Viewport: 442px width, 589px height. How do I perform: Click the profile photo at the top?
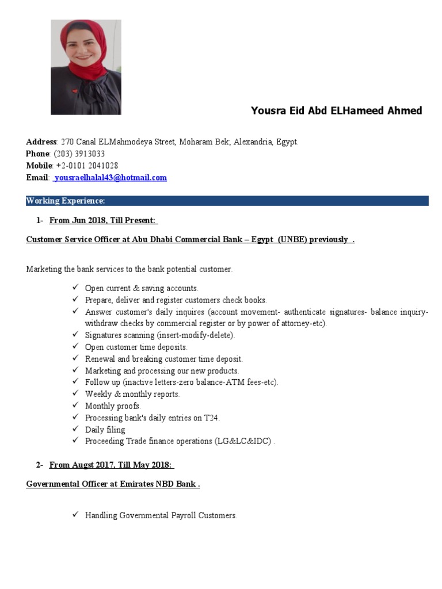[86, 67]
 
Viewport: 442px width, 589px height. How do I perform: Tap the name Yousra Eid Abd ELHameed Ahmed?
[336, 110]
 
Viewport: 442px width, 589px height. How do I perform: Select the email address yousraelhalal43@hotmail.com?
[110, 178]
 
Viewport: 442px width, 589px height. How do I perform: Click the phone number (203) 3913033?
[79, 154]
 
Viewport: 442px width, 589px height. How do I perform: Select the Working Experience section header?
[66, 201]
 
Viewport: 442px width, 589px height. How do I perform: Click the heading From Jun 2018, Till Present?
[104, 220]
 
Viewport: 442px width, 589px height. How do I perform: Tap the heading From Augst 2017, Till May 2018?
[112, 465]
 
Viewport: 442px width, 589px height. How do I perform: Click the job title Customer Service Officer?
[73, 239]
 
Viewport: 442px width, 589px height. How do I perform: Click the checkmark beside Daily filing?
[75, 429]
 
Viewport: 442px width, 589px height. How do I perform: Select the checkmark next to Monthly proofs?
[75, 406]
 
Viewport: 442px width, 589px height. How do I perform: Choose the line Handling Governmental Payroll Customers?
[161, 515]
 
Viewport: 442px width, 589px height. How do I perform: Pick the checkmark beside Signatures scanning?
[75, 335]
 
